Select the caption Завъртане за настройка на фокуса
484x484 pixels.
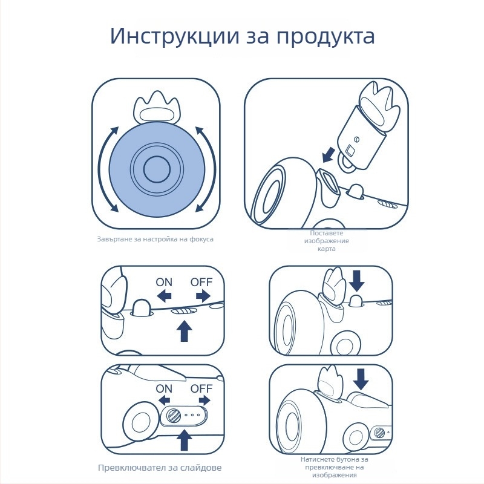click(x=155, y=239)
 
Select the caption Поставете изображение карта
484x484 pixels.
click(x=326, y=241)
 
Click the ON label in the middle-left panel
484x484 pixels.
click(x=164, y=282)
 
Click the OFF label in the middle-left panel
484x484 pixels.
click(x=201, y=282)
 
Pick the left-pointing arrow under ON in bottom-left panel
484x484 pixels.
click(x=164, y=401)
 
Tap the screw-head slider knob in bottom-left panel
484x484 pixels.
click(x=174, y=416)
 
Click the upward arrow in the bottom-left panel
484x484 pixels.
click(x=185, y=439)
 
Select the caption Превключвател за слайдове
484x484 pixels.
click(x=160, y=468)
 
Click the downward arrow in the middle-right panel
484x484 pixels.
click(x=358, y=280)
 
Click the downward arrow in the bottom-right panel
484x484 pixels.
click(x=361, y=379)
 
